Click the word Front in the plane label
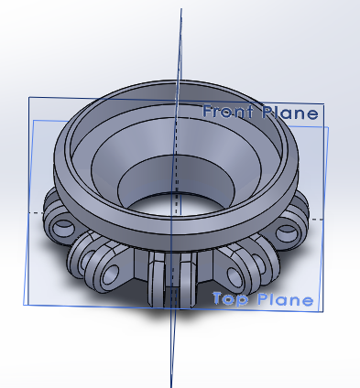[x=228, y=112]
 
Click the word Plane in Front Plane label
[x=290, y=113]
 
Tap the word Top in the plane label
[x=230, y=299]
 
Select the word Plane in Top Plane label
[x=285, y=299]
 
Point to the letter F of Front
[x=208, y=112]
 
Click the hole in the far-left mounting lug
[x=63, y=228]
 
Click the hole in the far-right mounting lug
[x=287, y=233]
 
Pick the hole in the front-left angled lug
[x=111, y=274]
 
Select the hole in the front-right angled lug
[x=235, y=275]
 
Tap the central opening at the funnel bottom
[x=177, y=205]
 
